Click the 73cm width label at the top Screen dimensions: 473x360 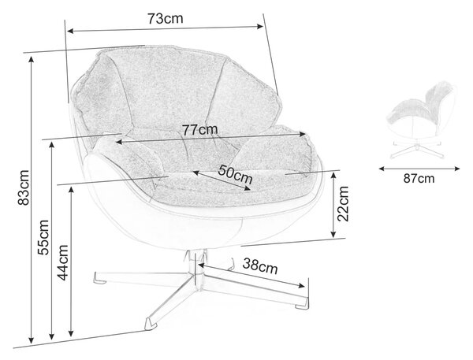(166, 19)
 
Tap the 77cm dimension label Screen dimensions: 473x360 (199, 130)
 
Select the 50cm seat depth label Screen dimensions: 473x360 (235, 174)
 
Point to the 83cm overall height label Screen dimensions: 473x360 (24, 187)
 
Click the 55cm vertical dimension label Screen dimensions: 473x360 (43, 237)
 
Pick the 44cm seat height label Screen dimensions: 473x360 (63, 262)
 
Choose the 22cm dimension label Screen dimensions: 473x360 (343, 204)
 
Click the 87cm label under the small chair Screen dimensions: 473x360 (419, 179)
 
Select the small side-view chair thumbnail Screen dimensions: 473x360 (423, 120)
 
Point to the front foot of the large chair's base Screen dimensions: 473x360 (151, 323)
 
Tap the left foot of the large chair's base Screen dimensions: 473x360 (100, 278)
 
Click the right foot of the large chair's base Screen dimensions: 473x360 (302, 303)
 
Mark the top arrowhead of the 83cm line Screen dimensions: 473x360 (31, 60)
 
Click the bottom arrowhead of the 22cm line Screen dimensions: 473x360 (333, 234)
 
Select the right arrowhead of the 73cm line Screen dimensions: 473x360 (259, 27)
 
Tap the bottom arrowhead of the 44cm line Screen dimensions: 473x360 (71, 333)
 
